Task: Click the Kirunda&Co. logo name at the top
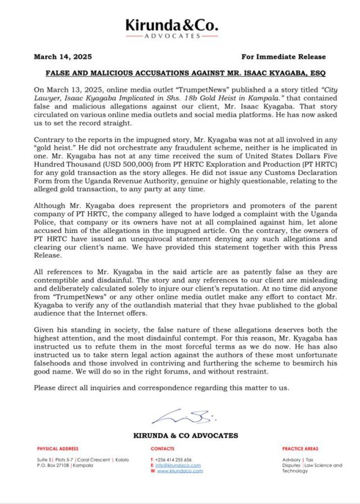tap(172, 25)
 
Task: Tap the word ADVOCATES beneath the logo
tap(172, 35)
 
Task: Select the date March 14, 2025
tap(63, 57)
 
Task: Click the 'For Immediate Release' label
tap(283, 57)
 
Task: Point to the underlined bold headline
tap(179, 73)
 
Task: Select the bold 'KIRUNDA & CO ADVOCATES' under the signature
tap(185, 435)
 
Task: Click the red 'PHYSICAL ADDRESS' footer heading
tap(58, 449)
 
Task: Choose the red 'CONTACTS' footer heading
tap(163, 449)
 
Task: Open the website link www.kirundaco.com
tap(179, 471)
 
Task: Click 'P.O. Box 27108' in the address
tap(53, 465)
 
